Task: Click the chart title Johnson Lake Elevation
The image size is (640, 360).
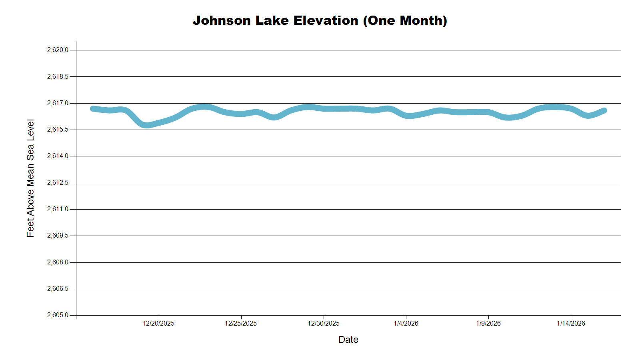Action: pos(320,20)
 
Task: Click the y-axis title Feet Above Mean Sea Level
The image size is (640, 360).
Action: pos(30,178)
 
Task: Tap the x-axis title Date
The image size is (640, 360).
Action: pos(348,340)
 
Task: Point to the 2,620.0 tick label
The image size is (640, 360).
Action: pos(58,50)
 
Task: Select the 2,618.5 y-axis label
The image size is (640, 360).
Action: pos(58,76)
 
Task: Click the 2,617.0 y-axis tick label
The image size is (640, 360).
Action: pos(58,103)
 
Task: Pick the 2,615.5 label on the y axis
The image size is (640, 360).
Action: pos(58,130)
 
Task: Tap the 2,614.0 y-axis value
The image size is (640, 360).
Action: pos(58,156)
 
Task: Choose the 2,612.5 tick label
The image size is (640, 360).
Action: pos(58,183)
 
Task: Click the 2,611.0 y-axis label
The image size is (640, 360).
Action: pos(58,209)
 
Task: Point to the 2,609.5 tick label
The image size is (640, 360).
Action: pos(58,236)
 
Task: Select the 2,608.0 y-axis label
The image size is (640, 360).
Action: pos(58,262)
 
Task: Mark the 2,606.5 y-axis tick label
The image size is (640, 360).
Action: pos(58,289)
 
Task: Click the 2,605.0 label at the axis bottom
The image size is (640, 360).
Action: pos(58,315)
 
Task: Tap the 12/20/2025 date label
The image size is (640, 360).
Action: pos(158,323)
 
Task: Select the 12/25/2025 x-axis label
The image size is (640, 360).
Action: pos(241,323)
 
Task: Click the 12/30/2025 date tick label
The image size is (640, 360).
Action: pos(324,323)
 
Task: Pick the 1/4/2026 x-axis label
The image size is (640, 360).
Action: pos(406,323)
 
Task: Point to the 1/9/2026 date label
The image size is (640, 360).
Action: pos(488,323)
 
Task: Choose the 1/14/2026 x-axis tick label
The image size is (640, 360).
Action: pos(571,323)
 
